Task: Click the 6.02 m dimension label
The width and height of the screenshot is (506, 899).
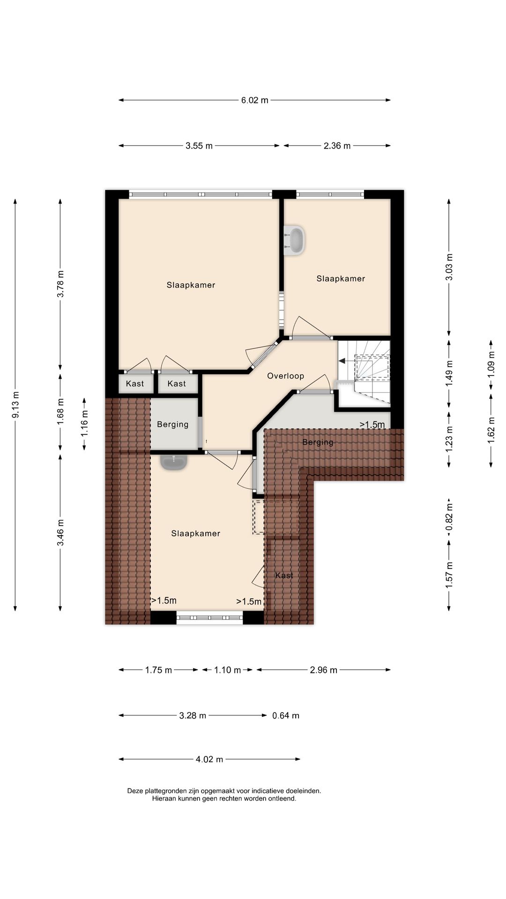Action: coord(255,100)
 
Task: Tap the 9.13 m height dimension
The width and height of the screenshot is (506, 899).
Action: coord(15,405)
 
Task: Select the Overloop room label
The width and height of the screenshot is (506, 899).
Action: coord(286,376)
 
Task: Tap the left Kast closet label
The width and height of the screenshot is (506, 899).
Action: coord(135,384)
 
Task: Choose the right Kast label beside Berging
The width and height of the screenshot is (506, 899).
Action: coord(177,384)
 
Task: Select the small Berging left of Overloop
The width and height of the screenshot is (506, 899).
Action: coord(173,424)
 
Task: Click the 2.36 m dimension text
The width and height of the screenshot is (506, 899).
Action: coord(337,146)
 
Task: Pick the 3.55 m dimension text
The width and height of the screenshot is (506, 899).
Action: coord(199,146)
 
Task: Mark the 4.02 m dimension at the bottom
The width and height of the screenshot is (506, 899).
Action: coord(209,759)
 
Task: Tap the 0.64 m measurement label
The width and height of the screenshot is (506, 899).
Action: coord(286,715)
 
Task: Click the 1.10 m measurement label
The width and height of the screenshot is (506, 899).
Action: coord(228,670)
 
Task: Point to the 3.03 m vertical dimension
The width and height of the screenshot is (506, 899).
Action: coord(449,267)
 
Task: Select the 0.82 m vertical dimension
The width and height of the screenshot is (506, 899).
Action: coord(449,519)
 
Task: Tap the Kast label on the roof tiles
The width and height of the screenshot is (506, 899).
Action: coord(284,575)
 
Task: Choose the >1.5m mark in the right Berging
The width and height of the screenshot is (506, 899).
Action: coord(372,425)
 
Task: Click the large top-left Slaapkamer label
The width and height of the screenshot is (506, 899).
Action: coord(191,285)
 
